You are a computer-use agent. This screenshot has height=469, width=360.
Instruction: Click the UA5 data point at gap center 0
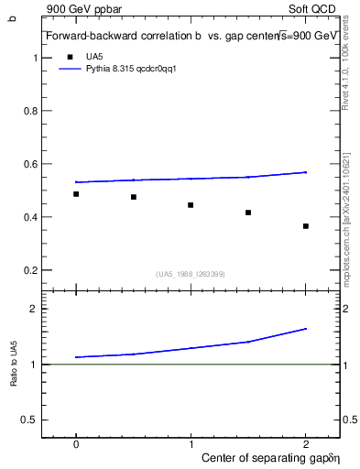pos(76,194)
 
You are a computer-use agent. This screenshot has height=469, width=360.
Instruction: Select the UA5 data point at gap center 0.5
pos(134,197)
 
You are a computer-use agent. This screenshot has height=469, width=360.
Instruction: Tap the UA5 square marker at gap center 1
pos(191,205)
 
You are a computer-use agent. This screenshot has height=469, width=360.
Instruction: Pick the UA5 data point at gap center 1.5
pos(248,213)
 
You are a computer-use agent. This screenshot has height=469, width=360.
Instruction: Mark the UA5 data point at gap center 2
pos(306,226)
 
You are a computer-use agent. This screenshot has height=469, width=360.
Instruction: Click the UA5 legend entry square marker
pos(69,56)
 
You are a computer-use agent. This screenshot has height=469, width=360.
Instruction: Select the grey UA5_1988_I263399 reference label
pos(191,274)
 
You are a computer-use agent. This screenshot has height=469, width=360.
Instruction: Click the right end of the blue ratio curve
pos(306,329)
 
